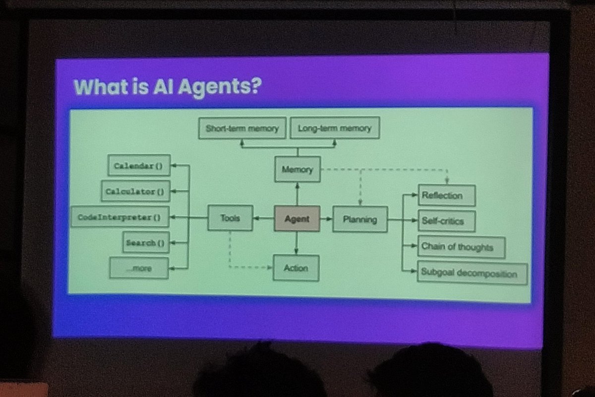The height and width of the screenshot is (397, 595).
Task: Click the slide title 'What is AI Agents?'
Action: [167, 87]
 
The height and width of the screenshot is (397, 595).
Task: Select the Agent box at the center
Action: [297, 219]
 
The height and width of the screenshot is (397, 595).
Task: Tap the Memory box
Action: [297, 170]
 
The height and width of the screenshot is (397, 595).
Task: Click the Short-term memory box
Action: [242, 128]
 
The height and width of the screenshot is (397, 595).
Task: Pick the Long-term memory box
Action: [334, 128]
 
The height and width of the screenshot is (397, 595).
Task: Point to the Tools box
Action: [230, 218]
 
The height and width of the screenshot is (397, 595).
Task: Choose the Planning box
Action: [359, 219]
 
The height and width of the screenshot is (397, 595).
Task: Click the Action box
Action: [296, 268]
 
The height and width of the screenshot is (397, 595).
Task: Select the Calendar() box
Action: [138, 166]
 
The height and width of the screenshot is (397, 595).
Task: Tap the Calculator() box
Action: [135, 191]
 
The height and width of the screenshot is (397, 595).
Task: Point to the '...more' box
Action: [139, 268]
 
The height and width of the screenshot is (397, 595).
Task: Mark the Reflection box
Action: [447, 195]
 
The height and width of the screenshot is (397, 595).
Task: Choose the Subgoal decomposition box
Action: [472, 273]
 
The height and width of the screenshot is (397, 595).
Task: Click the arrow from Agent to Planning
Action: [326, 219]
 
